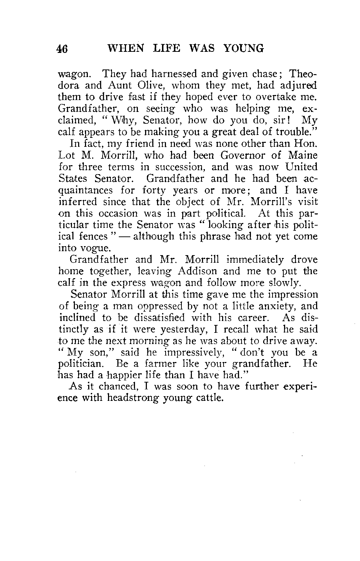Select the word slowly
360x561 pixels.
283,283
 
